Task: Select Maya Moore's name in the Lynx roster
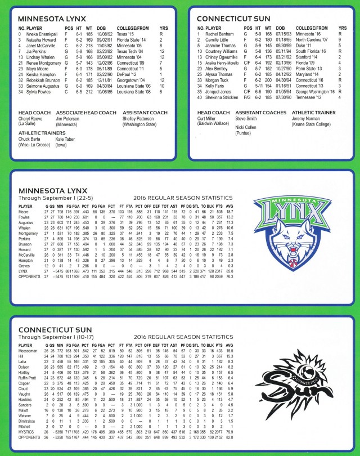click(x=38, y=69)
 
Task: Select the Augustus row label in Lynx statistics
click(x=28, y=223)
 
